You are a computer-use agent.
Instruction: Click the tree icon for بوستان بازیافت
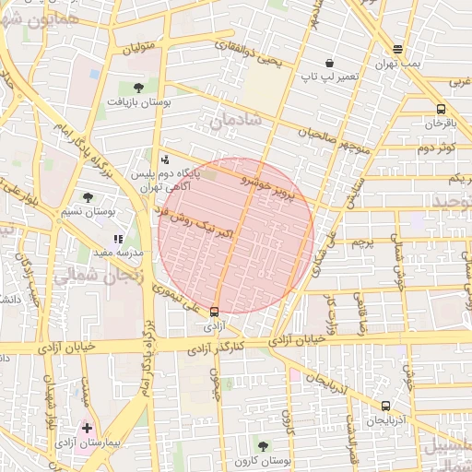(x=138, y=88)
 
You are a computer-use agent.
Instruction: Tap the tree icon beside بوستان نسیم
(x=88, y=197)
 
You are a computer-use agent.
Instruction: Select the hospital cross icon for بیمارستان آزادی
(x=87, y=428)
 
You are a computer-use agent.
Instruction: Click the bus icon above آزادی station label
(x=215, y=312)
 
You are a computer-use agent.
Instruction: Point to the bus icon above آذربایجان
(x=385, y=405)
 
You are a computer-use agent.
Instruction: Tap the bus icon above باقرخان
(x=441, y=109)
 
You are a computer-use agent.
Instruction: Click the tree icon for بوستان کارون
(x=263, y=446)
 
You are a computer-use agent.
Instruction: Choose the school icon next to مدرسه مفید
(x=117, y=239)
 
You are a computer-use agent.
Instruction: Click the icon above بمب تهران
(x=396, y=50)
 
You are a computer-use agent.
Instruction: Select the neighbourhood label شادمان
(x=236, y=120)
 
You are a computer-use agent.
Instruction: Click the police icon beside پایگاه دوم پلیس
(x=165, y=159)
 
